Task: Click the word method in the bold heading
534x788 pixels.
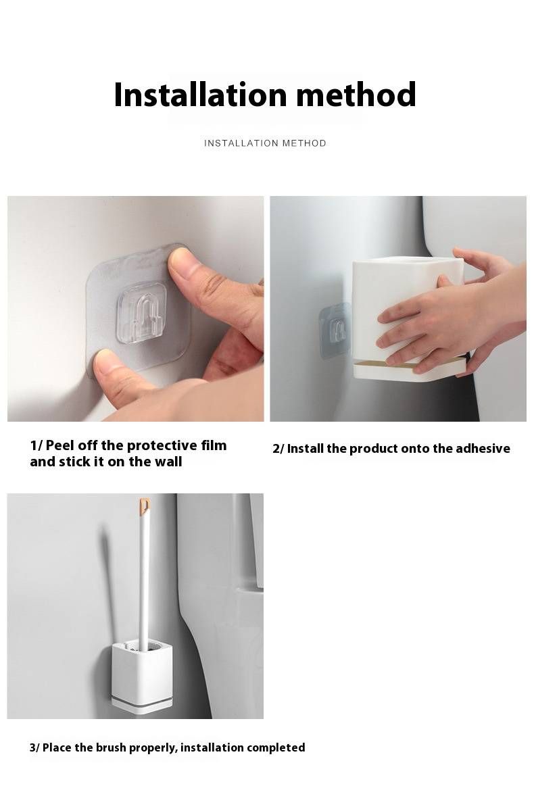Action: click(x=356, y=95)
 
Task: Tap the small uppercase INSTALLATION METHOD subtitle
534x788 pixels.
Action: click(x=265, y=143)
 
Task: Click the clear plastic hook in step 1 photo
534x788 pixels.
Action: click(x=143, y=313)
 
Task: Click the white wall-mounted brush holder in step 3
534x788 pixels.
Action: click(x=143, y=676)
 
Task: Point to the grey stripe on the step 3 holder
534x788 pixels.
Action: click(x=143, y=700)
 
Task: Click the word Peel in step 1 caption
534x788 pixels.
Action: click(x=60, y=445)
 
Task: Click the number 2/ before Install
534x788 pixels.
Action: click(x=278, y=449)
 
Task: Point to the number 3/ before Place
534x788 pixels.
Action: click(x=34, y=748)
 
